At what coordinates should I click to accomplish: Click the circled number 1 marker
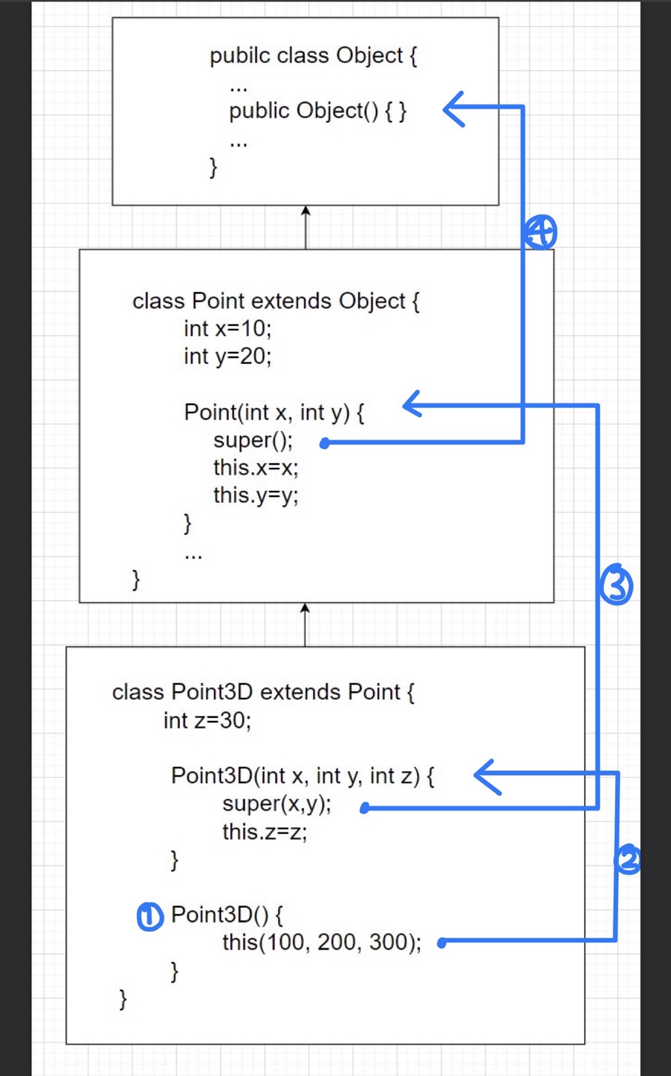149,916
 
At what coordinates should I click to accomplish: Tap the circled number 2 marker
628,860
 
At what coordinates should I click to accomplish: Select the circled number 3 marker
616,585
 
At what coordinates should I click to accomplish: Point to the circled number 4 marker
540,232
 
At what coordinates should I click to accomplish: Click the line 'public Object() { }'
318,111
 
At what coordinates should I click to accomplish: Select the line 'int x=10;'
228,328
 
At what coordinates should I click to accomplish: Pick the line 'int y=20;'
228,356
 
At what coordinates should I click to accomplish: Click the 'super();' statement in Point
253,440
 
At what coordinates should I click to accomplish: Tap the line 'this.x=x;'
256,468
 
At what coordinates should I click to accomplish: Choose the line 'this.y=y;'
256,495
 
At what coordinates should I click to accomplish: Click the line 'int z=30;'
208,720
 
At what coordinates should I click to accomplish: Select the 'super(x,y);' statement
276,804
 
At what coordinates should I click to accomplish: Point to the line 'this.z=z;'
265,832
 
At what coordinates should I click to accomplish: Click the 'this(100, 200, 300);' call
321,942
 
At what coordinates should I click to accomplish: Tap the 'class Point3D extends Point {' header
263,692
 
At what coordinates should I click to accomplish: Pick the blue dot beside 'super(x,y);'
365,808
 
